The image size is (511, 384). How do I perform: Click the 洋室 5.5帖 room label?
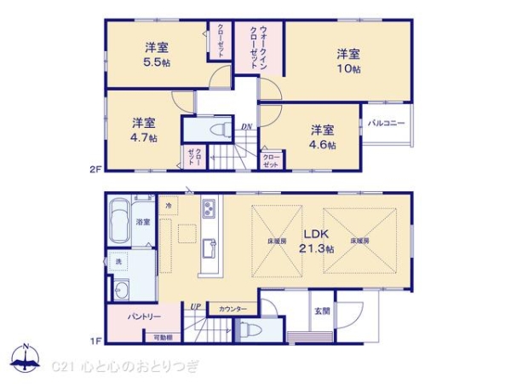[155, 55]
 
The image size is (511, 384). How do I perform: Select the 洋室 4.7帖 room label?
[143, 130]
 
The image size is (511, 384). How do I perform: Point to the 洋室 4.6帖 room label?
[322, 137]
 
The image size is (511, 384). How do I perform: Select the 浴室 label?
[143, 222]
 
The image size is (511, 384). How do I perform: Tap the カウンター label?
[233, 309]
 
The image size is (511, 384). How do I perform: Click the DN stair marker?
[246, 127]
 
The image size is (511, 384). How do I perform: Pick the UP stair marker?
[196, 306]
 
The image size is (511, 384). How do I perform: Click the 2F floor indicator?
[95, 169]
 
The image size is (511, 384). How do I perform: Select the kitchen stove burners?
[210, 208]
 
